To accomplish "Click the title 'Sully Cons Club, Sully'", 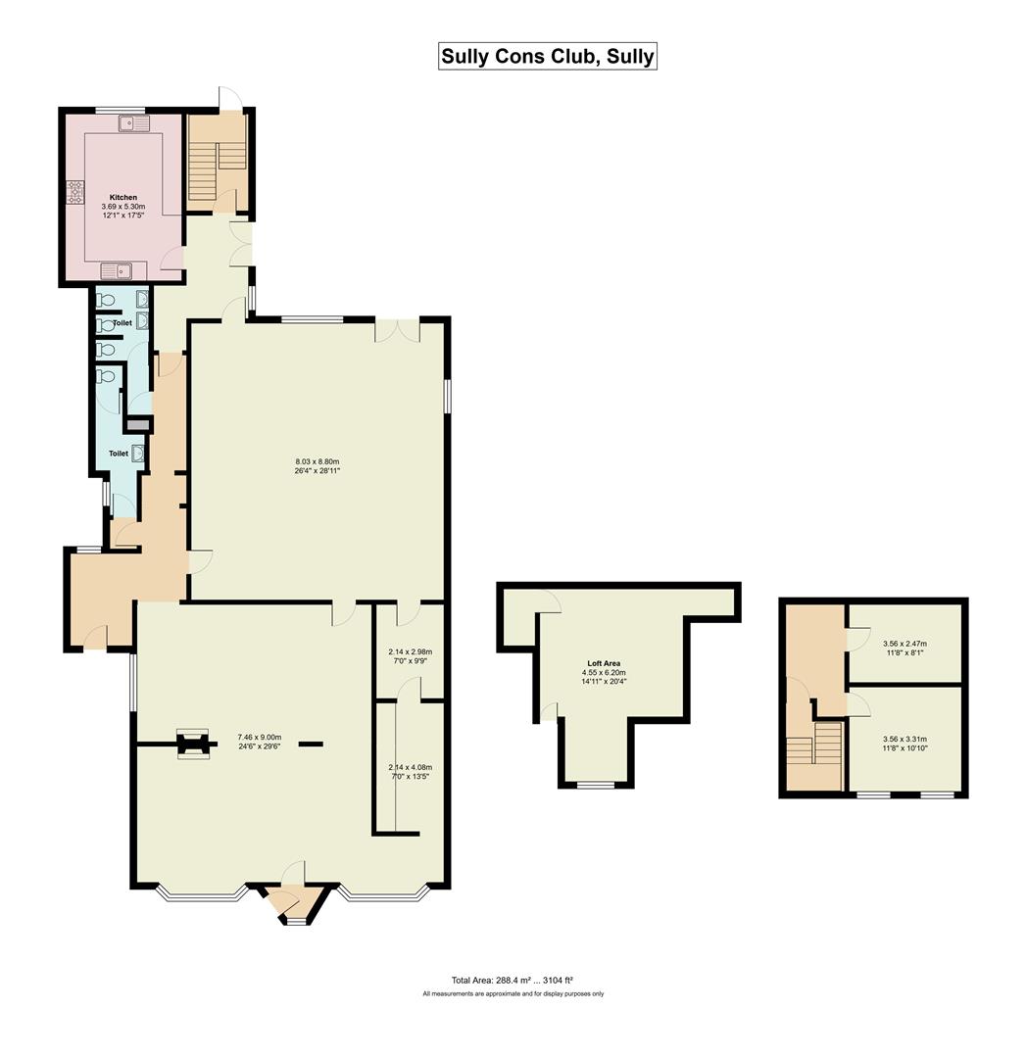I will click(x=547, y=56).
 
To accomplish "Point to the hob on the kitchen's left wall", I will click(x=75, y=192).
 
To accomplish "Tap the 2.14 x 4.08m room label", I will click(x=410, y=771).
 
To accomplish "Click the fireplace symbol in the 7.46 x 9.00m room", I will click(x=191, y=744).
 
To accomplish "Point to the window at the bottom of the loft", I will click(x=595, y=785).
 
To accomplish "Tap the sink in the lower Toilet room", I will click(x=139, y=453).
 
